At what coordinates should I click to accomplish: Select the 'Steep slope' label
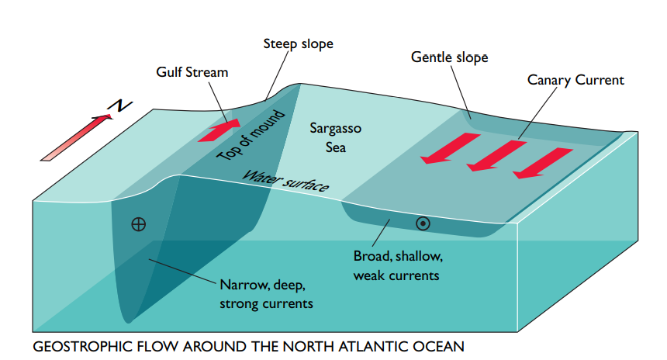click(298, 43)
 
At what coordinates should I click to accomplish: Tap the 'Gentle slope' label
click(450, 57)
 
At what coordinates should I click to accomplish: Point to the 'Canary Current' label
click(575, 80)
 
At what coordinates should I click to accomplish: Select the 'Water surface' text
click(286, 181)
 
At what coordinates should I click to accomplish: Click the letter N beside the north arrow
click(116, 106)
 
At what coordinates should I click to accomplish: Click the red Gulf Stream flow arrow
click(219, 130)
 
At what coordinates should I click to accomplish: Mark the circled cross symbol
click(139, 225)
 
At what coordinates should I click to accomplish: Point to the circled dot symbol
click(423, 223)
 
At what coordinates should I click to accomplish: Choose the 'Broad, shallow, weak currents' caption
click(398, 265)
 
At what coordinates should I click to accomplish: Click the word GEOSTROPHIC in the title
click(79, 346)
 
